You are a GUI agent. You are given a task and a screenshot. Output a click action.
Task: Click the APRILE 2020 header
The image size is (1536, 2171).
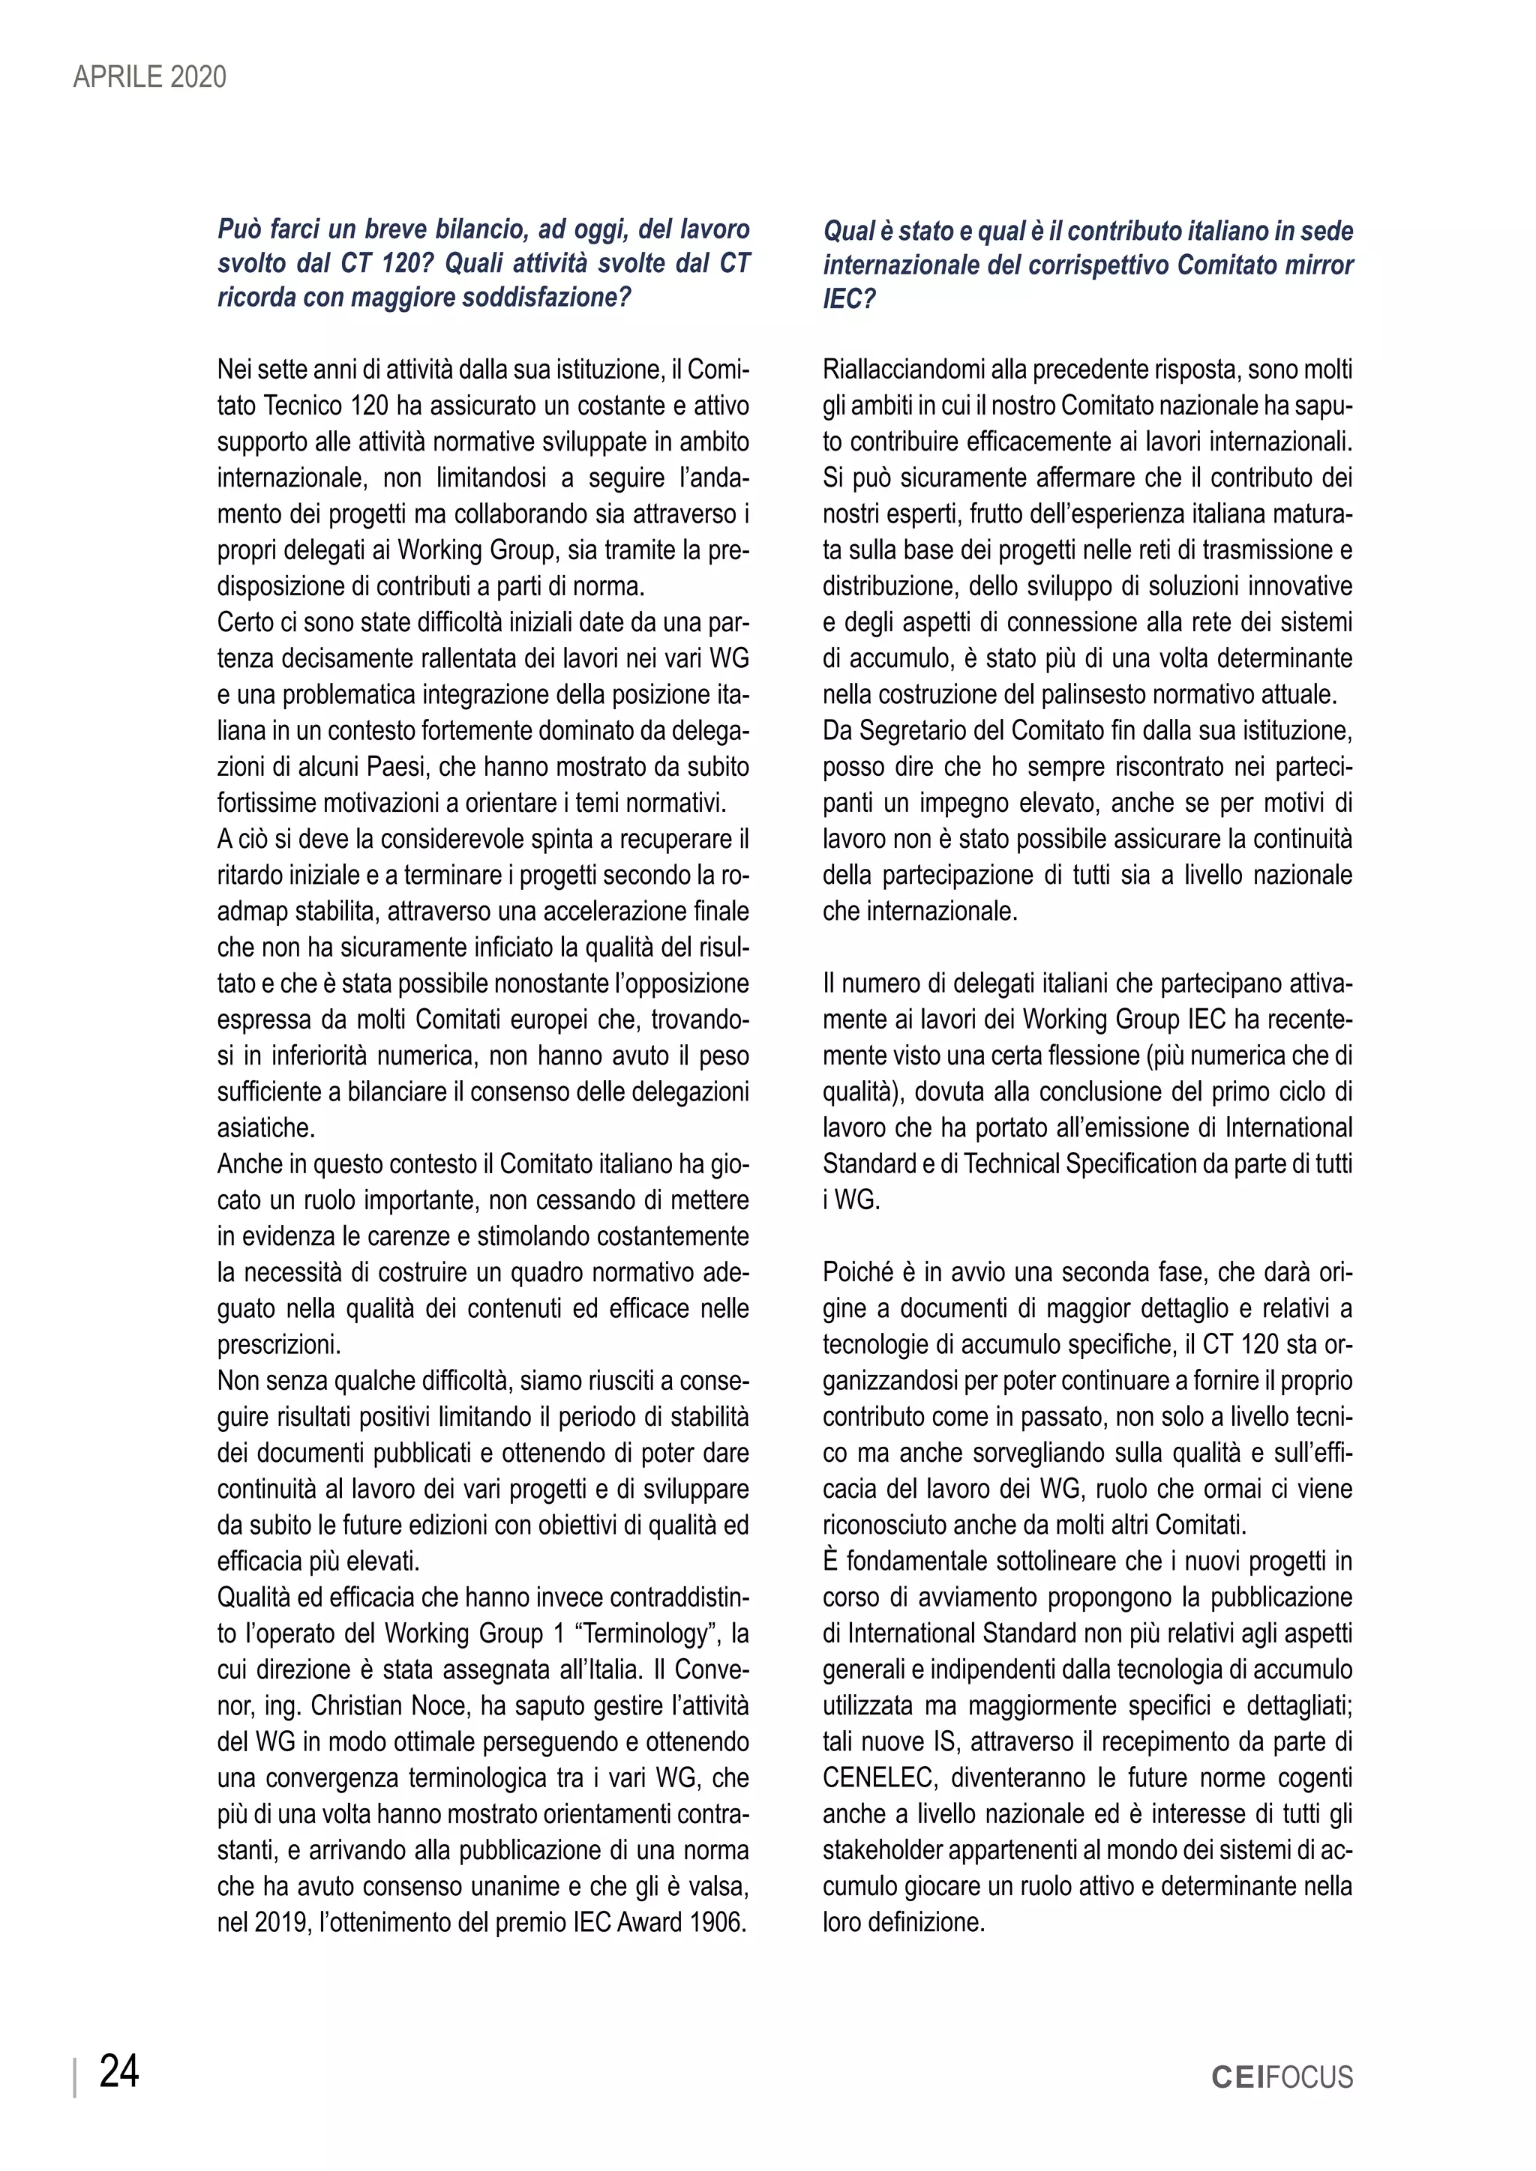[x=149, y=76]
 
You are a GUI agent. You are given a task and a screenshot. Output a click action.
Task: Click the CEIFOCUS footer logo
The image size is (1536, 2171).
[x=1282, y=2077]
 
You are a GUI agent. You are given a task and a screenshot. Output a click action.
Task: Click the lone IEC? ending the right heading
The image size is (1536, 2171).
[x=848, y=299]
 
